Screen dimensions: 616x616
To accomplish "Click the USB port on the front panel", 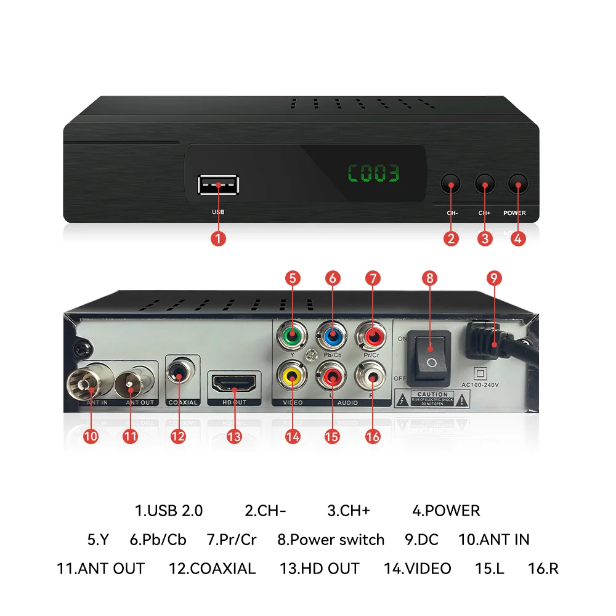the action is click(219, 185).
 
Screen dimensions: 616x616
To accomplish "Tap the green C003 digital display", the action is click(374, 174).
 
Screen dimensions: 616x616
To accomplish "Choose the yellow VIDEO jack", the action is click(292, 373).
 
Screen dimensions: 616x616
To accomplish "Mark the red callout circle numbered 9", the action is click(492, 277).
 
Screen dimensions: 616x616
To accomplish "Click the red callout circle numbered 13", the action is click(234, 436).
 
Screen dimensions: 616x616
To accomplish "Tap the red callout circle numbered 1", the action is click(218, 238).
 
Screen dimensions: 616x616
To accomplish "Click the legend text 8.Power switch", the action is click(331, 540).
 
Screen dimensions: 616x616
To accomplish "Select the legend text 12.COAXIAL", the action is click(212, 569).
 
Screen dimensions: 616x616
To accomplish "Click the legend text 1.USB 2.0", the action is click(169, 511).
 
